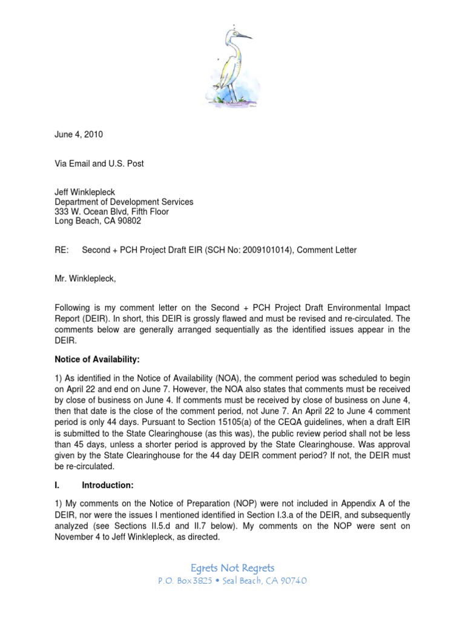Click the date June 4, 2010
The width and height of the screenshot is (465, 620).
pos(79,135)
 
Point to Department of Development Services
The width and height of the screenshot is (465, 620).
pos(124,202)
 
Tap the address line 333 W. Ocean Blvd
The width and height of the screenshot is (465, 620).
pos(112,212)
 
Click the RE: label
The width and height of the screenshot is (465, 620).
pos(63,251)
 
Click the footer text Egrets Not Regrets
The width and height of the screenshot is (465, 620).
pos(232,567)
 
